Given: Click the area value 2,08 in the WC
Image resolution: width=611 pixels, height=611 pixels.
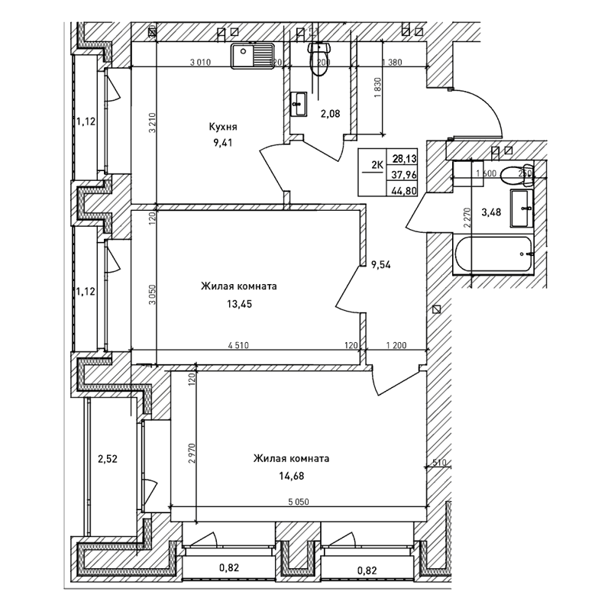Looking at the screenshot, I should coord(330,115).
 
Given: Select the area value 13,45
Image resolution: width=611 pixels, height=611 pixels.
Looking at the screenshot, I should coord(238,303).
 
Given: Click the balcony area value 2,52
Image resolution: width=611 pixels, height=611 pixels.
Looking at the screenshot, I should coord(108,460).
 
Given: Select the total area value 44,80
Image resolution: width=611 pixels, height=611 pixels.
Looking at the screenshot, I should coord(406,191).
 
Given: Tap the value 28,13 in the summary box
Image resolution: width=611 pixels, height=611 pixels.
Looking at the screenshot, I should coord(406,159).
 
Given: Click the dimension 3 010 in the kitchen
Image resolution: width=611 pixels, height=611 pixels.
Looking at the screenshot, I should coord(200,63).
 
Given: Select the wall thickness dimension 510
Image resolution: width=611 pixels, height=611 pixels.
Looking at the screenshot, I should coord(439,461).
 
